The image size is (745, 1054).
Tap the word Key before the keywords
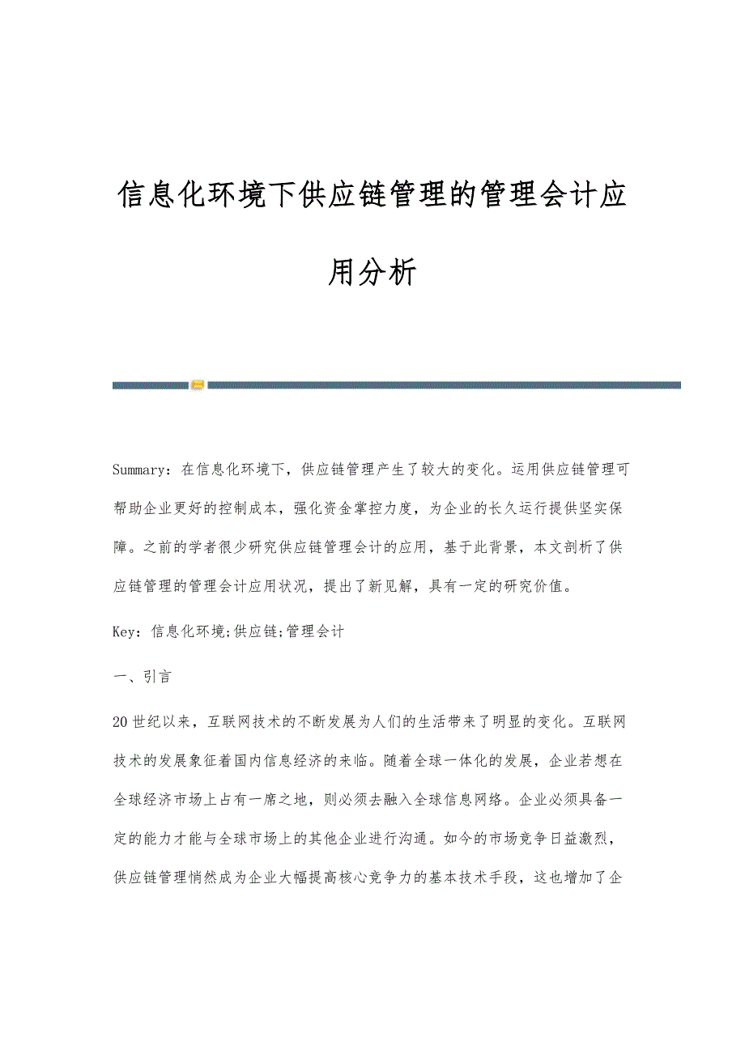point(126,631)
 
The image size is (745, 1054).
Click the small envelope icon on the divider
point(198,385)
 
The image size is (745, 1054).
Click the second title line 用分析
point(372,272)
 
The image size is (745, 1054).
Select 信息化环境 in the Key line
point(188,631)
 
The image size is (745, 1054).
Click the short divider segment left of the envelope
point(151,385)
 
